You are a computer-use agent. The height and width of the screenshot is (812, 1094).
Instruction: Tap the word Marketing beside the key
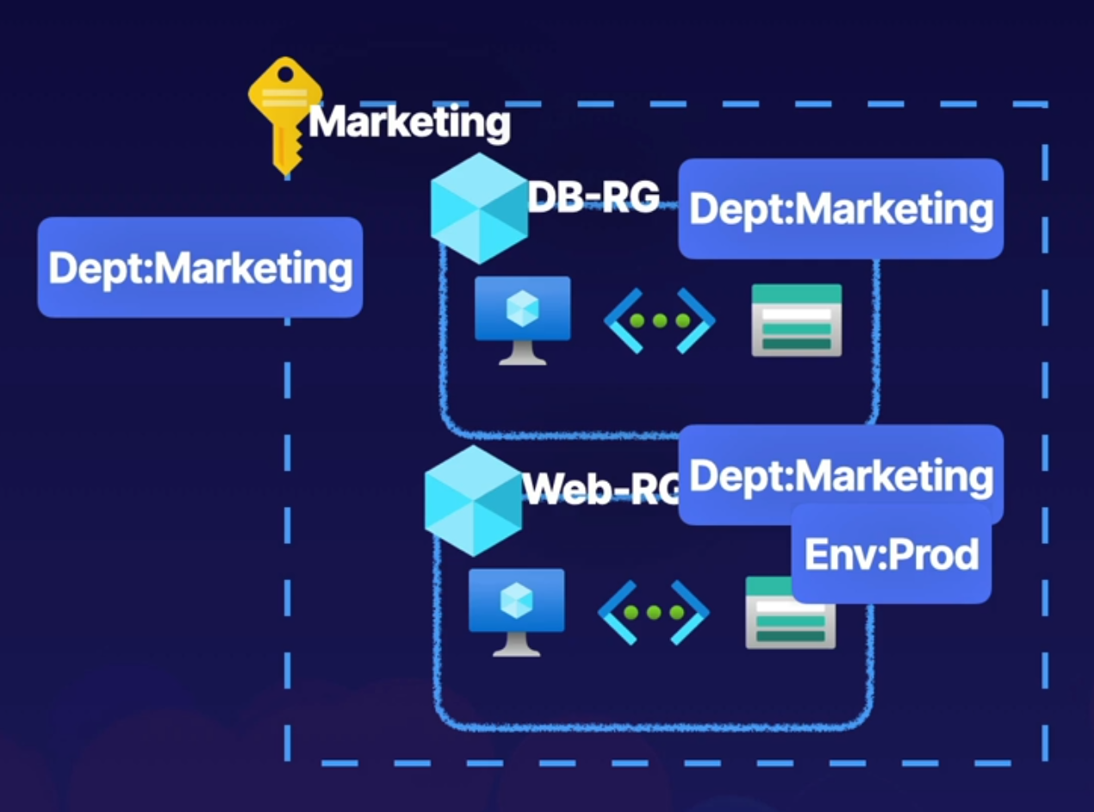click(x=409, y=122)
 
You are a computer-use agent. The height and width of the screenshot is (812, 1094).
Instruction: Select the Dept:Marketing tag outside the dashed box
click(x=200, y=267)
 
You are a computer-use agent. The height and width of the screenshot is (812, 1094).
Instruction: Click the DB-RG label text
click(x=593, y=197)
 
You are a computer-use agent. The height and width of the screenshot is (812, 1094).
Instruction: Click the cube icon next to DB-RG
click(x=479, y=209)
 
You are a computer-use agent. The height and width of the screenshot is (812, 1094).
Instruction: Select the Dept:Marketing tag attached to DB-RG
click(x=841, y=209)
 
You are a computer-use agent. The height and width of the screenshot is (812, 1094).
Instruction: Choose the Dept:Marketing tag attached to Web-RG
click(x=841, y=474)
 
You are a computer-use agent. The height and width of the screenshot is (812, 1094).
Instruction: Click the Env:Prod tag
click(x=891, y=553)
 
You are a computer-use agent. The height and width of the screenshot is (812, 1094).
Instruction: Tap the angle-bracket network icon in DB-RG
click(x=660, y=321)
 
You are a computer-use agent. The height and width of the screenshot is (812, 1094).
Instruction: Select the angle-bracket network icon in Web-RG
click(x=654, y=613)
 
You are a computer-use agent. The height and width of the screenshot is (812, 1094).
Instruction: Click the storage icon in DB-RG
click(x=796, y=320)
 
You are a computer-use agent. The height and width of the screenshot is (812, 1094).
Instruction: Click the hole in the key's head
click(x=284, y=74)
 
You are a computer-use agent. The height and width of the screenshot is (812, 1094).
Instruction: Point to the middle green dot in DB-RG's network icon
click(x=660, y=321)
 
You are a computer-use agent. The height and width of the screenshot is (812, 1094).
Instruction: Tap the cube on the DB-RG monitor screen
click(x=522, y=308)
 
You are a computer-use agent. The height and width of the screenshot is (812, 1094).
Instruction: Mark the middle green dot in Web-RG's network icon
click(x=654, y=613)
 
